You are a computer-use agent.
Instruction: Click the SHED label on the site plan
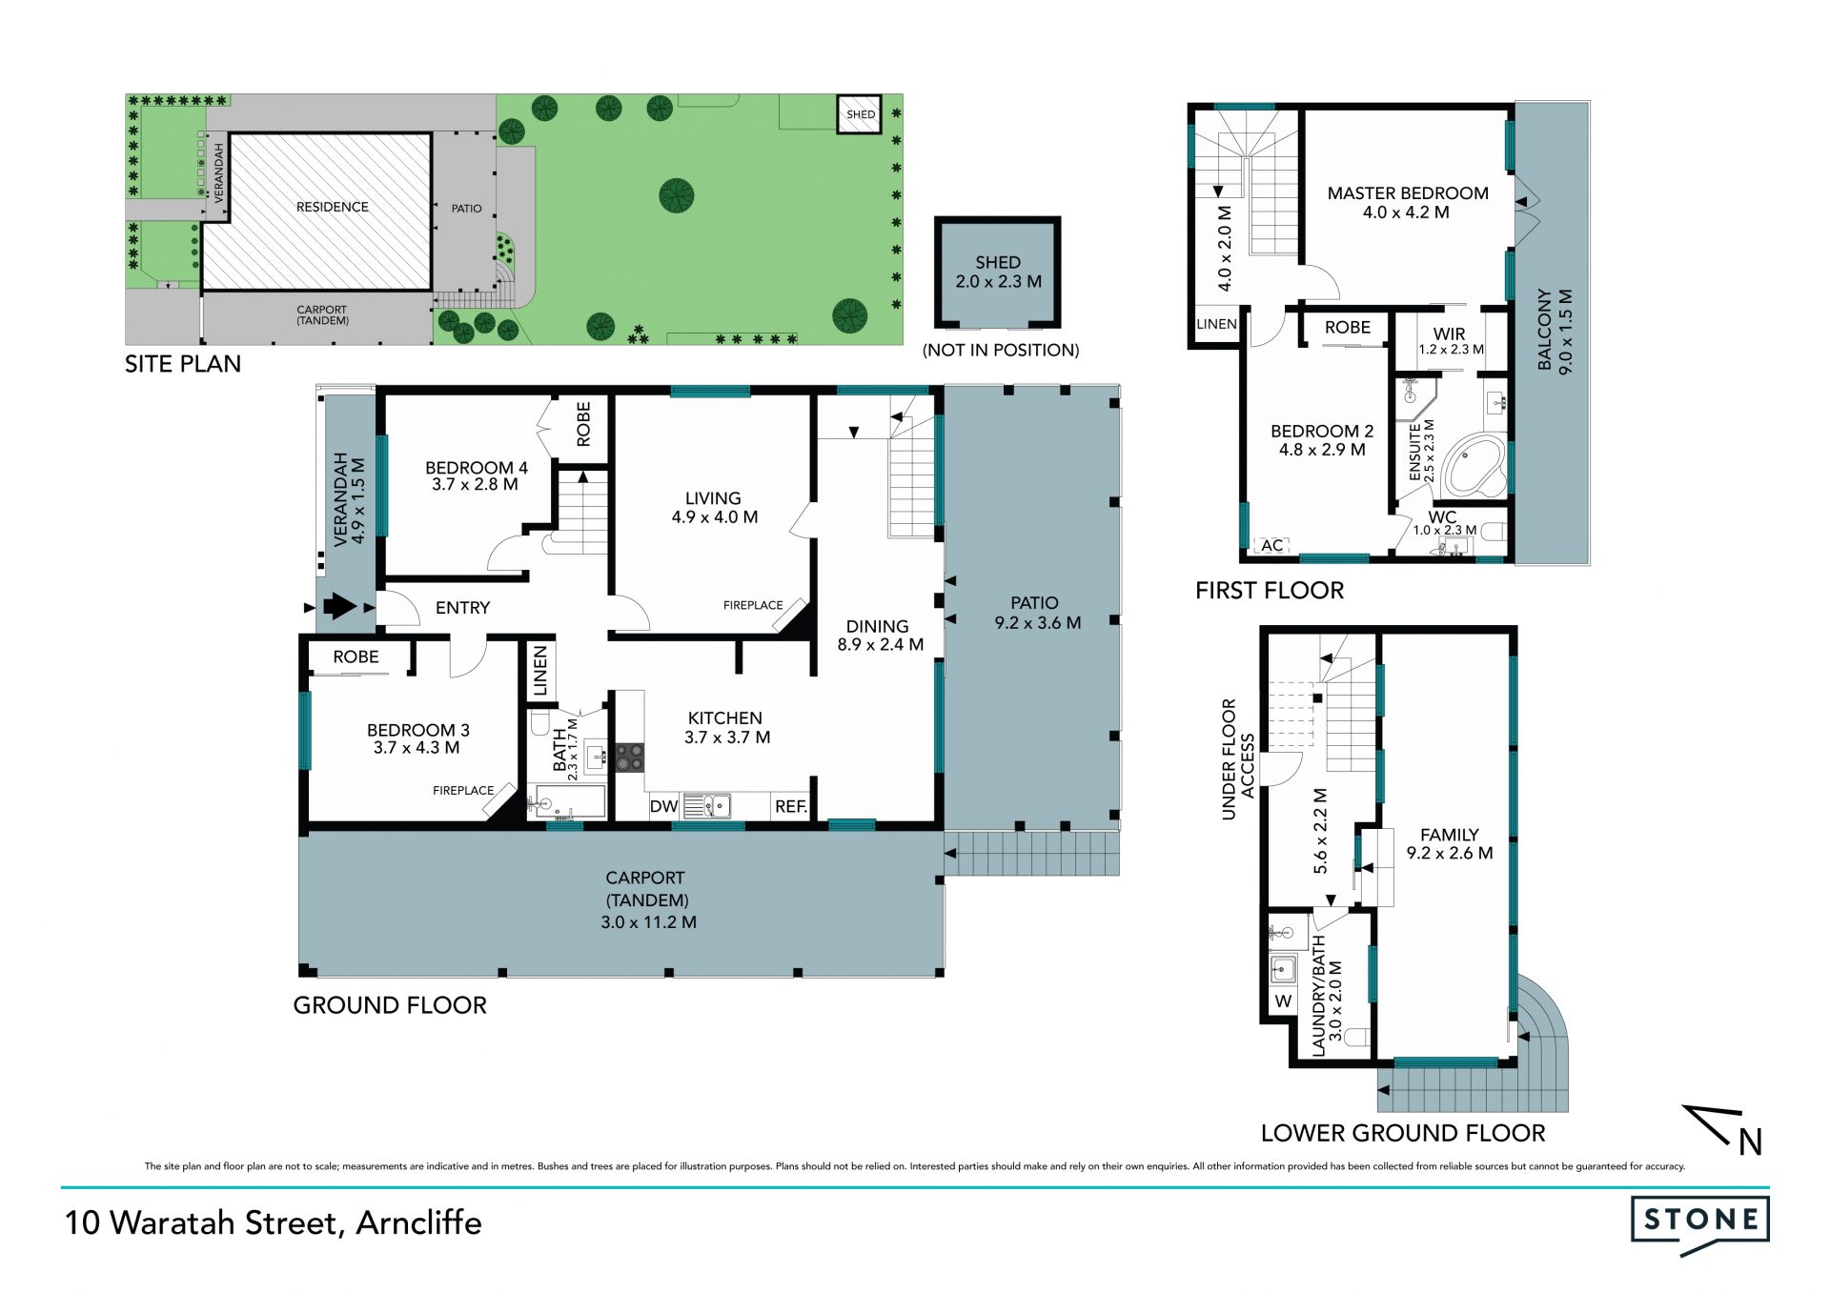[x=861, y=114]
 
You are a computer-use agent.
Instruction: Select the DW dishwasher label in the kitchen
[x=663, y=806]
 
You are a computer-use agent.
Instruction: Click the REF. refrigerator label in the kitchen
[x=791, y=806]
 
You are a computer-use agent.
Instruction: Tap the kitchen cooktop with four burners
[x=629, y=758]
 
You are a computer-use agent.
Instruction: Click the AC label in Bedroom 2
[x=1272, y=545]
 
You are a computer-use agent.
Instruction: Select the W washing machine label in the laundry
[x=1283, y=1001]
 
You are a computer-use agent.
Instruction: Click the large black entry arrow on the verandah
[x=339, y=606]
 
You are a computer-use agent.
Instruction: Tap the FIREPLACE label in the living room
[x=753, y=605]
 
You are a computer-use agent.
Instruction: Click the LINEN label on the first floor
[x=1216, y=324]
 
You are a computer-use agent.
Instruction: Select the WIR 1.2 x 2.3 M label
[x=1451, y=341]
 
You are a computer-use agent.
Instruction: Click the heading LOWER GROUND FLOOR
[x=1403, y=1133]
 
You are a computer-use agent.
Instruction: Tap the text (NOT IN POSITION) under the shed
[x=1001, y=350]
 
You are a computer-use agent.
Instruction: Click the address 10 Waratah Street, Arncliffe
[x=273, y=1222]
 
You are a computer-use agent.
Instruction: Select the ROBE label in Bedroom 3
[x=356, y=657]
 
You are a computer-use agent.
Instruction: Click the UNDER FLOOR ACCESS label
[x=1238, y=759]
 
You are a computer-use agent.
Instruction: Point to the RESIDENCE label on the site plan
[x=332, y=207]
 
